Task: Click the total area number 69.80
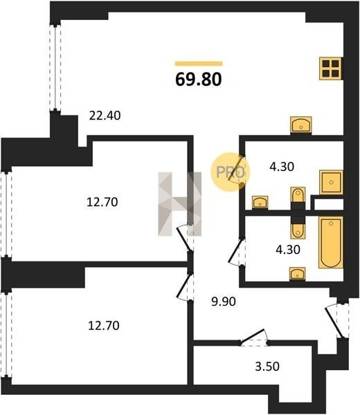coord(199,79)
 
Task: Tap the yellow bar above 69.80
coord(199,64)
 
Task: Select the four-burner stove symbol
coord(331,68)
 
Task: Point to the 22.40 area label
coord(105,116)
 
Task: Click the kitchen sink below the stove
coord(301,124)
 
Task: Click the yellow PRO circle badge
coord(231,172)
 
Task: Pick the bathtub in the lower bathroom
coord(331,243)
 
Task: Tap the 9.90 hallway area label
coord(224,302)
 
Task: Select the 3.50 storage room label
coord(267,367)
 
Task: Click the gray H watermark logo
coord(179,204)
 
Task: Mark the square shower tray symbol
coord(331,182)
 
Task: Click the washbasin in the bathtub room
coord(298,274)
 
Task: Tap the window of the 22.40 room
coord(55,68)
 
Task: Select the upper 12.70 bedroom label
coord(102,202)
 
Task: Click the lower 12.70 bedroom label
coord(104,326)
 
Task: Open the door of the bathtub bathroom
coord(237,252)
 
